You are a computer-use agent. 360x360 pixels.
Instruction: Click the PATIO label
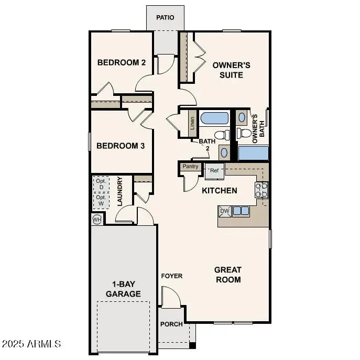[165, 18]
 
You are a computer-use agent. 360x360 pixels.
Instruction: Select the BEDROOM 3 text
[121, 146]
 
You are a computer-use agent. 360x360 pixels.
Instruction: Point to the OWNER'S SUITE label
[227, 70]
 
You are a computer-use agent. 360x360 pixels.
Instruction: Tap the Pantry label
[190, 167]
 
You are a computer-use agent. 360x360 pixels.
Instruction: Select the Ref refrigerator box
[215, 171]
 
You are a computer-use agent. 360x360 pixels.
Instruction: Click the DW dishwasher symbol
[225, 211]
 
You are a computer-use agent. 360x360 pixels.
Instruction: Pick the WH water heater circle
[97, 219]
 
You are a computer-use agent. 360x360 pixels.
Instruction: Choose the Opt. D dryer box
[101, 184]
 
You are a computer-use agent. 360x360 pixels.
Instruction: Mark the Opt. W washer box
[101, 200]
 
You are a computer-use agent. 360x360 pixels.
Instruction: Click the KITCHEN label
[220, 191]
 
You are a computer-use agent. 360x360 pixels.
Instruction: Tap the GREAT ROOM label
[228, 275]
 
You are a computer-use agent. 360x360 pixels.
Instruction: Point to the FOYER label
[171, 276]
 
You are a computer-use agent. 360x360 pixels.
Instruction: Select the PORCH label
[171, 324]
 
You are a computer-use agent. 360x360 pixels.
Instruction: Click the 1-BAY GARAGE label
[123, 289]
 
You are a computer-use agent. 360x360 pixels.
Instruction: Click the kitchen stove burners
[261, 190]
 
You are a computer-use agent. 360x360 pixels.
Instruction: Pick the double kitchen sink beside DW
[241, 211]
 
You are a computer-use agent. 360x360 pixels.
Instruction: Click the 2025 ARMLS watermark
[31, 344]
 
